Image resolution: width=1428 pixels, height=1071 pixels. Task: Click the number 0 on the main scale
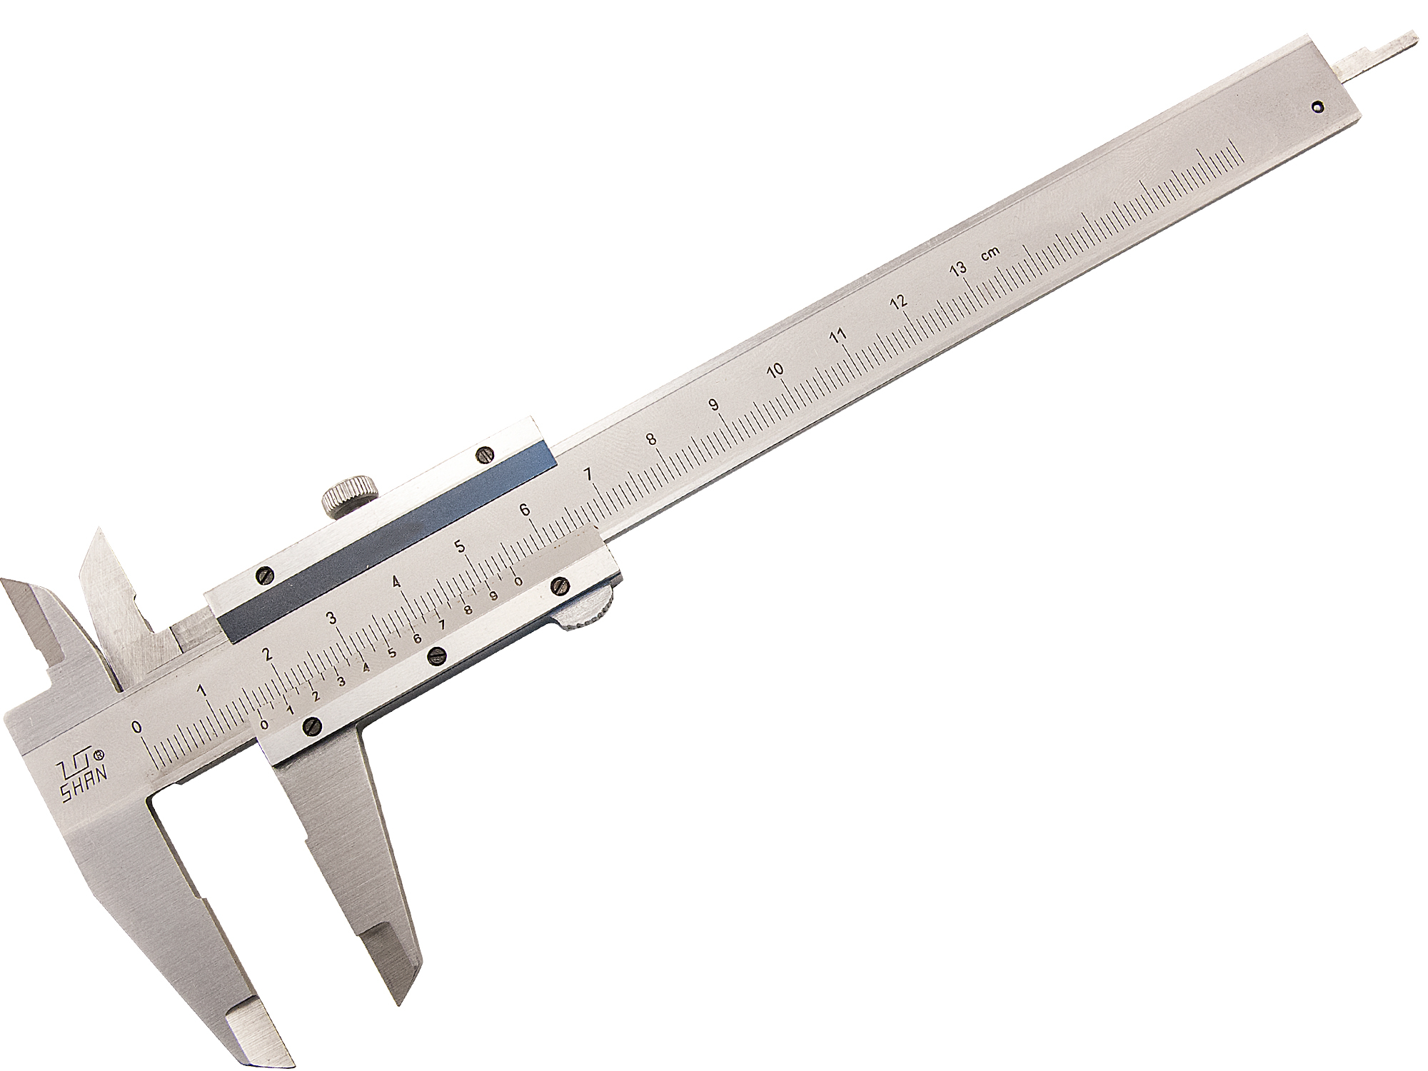click(x=137, y=728)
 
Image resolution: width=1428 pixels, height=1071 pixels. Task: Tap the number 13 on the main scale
click(x=957, y=269)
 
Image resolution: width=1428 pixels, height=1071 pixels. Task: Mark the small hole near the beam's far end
click(x=1318, y=108)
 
